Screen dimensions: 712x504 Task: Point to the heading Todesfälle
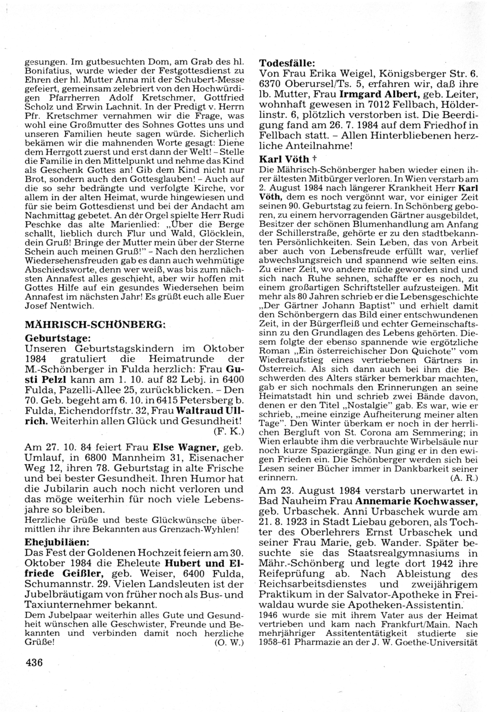tap(287, 63)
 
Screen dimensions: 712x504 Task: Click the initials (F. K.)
tap(231, 431)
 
